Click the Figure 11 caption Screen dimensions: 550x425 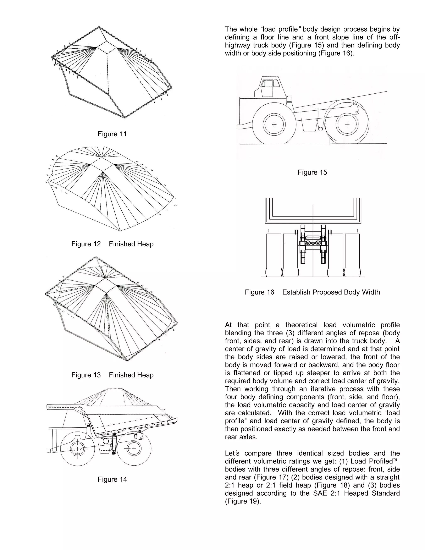coord(112,134)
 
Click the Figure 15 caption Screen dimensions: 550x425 coord(312,172)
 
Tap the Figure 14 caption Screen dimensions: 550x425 coord(112,479)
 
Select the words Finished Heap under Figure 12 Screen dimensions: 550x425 coord(131,244)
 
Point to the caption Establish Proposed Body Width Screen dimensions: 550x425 coord(331,292)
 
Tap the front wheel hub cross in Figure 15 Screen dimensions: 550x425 coord(274,124)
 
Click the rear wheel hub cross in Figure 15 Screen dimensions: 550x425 coord(347,124)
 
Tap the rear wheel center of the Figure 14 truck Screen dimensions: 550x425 coord(134,449)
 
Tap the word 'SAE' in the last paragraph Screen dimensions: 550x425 coord(320,493)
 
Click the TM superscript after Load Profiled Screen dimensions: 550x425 coord(395,460)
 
